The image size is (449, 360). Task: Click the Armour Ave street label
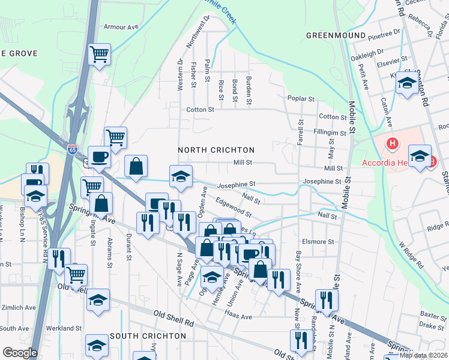click(121, 27)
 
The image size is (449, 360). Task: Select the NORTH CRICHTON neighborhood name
click(216, 149)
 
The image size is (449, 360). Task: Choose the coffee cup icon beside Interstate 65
click(99, 157)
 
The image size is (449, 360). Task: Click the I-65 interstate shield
click(73, 147)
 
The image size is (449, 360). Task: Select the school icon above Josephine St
click(181, 176)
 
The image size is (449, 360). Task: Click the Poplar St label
click(301, 98)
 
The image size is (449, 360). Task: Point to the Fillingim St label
click(330, 133)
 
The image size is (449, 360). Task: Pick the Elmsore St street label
click(318, 242)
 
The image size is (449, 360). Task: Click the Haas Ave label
click(239, 314)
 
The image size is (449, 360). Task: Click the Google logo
click(20, 353)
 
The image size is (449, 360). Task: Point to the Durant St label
click(128, 249)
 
